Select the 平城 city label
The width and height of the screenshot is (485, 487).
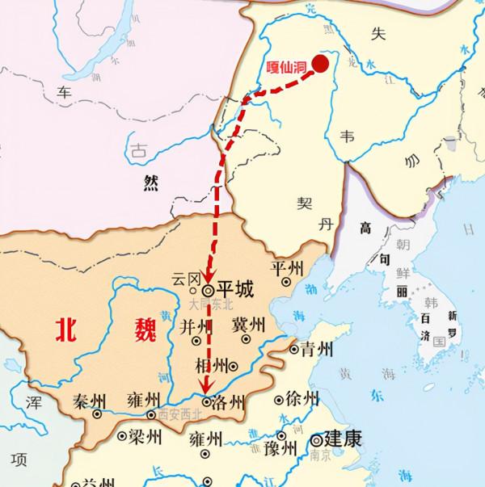pos(235,288)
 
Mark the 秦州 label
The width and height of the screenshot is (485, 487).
pos(90,401)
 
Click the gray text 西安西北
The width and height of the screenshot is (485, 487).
pos(176,415)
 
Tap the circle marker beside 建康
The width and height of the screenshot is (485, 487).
pos(314,441)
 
